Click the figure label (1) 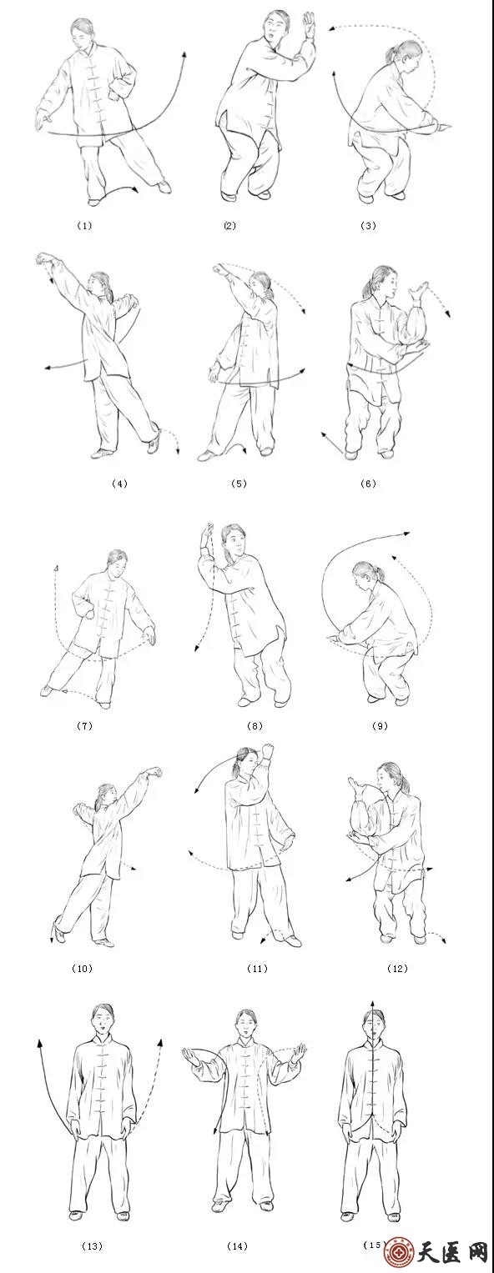click(x=84, y=226)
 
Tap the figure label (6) click(x=368, y=484)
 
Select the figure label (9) click(x=379, y=726)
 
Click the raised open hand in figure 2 click(x=309, y=26)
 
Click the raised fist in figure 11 click(x=267, y=751)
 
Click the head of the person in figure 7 click(x=117, y=564)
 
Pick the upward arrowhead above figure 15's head click(x=372, y=1001)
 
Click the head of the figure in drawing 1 click(x=83, y=34)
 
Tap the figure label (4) click(x=119, y=484)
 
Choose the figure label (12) click(x=397, y=969)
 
